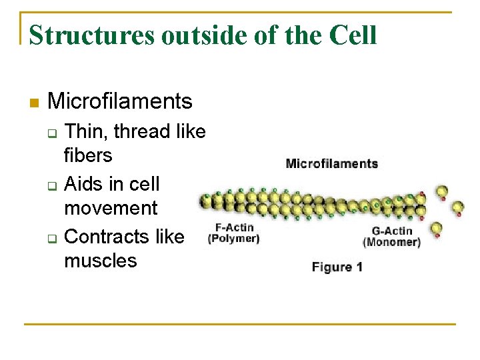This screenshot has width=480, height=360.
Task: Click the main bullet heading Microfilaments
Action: pos(120,101)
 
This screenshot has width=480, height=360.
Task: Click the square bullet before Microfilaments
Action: pos(35,103)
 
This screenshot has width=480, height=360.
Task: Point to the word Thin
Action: pos(87,131)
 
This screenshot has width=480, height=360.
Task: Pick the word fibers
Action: pos(88,156)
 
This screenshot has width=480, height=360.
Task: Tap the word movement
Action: pos(111,208)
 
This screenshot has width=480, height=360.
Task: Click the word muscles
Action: pos(101,261)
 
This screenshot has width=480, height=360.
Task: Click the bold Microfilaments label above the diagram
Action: pos(331,163)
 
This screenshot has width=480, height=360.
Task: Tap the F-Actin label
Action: pos(234,228)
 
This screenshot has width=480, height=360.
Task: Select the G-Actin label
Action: pos(391,231)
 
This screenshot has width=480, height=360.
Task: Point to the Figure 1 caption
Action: pos(337,267)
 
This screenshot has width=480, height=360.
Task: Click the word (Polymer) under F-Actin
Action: pos(234,238)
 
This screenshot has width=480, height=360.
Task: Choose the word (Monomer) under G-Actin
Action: pos(391,242)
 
